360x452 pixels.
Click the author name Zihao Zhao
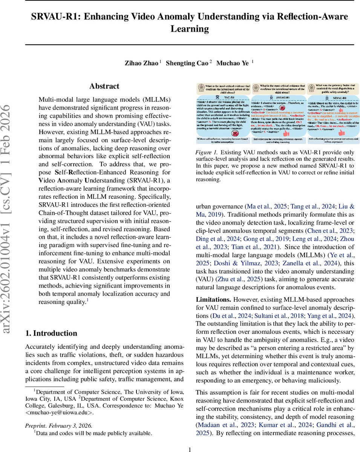pyautogui.click(x=141, y=63)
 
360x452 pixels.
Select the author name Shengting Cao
pyautogui.click(x=187, y=63)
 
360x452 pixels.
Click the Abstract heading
pyautogui.click(x=104, y=86)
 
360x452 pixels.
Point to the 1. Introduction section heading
pyautogui.click(x=51, y=333)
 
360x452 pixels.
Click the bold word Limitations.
pyautogui.click(x=213, y=299)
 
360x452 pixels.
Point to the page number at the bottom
pyautogui.click(x=190, y=449)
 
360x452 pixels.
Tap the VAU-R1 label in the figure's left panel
pyautogui.click(x=224, y=96)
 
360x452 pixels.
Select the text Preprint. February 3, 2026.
pyautogui.click(x=58, y=426)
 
